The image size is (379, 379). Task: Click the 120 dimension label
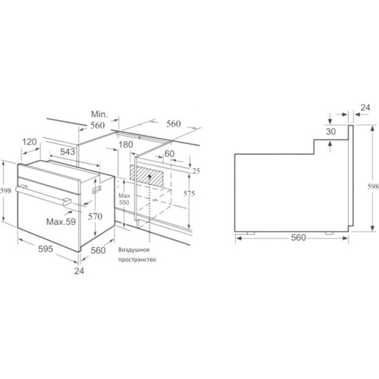point(30,142)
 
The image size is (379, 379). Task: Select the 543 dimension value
point(67,152)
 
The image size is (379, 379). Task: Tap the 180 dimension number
point(126,145)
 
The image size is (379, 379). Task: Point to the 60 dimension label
point(169,153)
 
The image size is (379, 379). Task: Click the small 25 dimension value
point(196,171)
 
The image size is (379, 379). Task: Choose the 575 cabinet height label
point(189,193)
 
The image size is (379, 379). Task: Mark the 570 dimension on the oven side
point(95,216)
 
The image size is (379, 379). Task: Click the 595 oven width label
point(45,249)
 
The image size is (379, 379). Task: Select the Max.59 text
point(61,222)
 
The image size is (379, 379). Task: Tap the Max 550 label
point(124,199)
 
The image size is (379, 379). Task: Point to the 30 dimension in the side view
point(330,131)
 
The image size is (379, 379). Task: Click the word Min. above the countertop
point(99,114)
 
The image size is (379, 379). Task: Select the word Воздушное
point(134,250)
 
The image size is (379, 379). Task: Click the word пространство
point(137,259)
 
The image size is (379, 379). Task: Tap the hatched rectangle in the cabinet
point(146,176)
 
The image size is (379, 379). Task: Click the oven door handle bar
point(43,195)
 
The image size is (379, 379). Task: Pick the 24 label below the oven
point(79,271)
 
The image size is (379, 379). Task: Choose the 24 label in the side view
point(365,108)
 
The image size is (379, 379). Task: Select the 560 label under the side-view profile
point(299,237)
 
